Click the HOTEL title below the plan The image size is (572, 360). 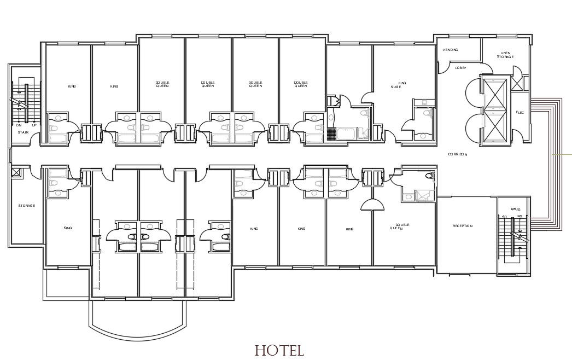point(279,350)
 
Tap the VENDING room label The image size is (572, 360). point(451,50)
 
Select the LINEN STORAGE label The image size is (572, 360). point(505,55)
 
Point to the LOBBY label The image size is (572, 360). point(460,68)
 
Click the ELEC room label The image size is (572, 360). point(520,113)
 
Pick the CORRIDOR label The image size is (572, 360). point(457,155)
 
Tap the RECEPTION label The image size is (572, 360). point(462,226)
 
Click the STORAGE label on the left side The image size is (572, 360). point(26,206)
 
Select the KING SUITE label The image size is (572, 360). point(399,85)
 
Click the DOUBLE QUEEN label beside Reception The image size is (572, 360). point(402,227)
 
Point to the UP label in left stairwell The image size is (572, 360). point(34,125)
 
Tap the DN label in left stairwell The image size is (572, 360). point(18,125)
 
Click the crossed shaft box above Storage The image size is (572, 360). point(16,173)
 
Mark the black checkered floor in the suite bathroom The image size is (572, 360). point(331,133)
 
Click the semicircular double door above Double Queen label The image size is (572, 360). point(373,204)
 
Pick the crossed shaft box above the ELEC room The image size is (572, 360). point(517,83)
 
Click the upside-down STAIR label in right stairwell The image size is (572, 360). point(513,208)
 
